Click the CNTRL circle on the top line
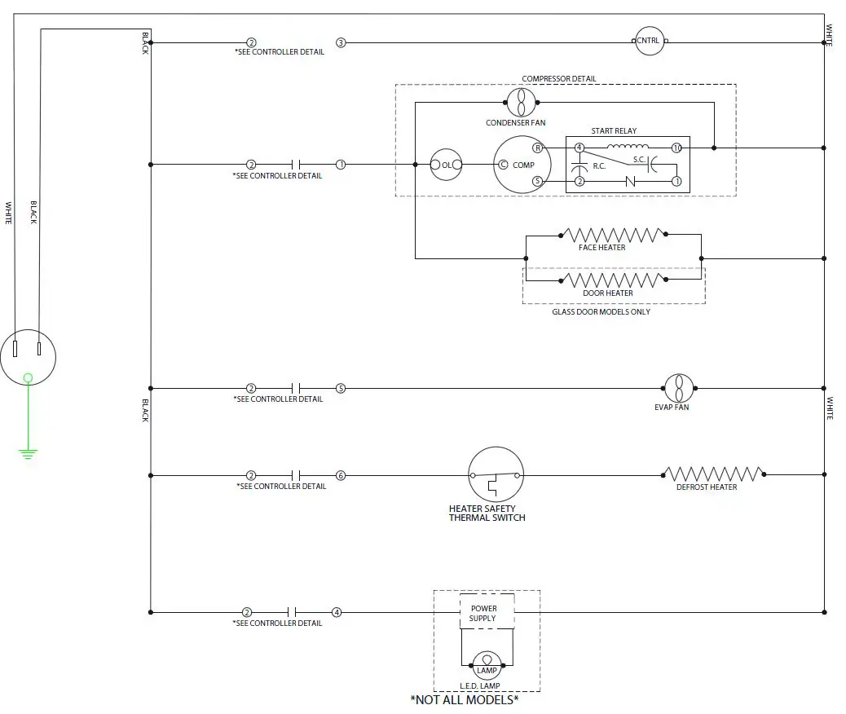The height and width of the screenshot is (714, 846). click(650, 41)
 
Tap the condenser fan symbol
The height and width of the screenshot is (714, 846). click(519, 103)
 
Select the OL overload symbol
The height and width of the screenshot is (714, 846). click(446, 165)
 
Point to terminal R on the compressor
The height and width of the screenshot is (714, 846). click(538, 148)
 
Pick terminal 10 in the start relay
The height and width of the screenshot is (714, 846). click(676, 148)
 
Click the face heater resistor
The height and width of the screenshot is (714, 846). click(613, 235)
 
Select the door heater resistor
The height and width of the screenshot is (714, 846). click(613, 280)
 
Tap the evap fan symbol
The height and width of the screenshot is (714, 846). click(678, 388)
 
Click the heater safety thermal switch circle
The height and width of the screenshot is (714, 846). click(495, 475)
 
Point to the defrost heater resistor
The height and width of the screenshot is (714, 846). click(713, 474)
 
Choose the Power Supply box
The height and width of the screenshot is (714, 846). click(482, 613)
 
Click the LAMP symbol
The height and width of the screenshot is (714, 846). click(487, 662)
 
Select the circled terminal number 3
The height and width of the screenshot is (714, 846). click(341, 42)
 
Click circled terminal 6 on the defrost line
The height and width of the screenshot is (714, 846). click(341, 475)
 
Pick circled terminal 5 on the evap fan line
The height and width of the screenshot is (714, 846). click(341, 389)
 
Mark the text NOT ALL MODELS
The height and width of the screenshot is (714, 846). click(465, 699)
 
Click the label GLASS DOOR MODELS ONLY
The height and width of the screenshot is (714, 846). click(601, 311)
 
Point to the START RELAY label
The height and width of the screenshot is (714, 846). click(614, 130)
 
